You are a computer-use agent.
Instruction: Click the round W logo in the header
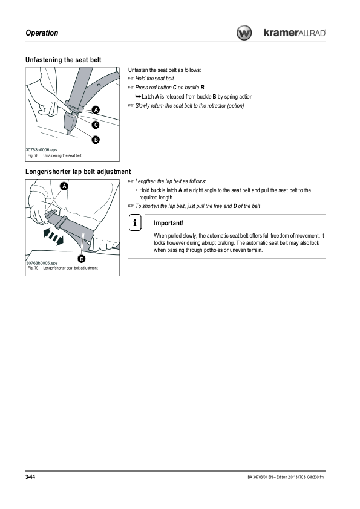tap(244, 33)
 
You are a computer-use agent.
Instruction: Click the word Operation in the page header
tap(42, 33)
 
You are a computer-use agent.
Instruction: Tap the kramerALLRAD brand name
tap(295, 33)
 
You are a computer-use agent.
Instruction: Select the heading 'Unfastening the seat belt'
tap(64, 60)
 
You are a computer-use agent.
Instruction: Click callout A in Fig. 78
tap(96, 110)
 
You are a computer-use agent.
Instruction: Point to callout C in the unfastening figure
tap(96, 125)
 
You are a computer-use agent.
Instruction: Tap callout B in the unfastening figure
tap(96, 140)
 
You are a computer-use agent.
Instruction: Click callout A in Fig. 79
tap(64, 186)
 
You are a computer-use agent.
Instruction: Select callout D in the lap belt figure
tap(82, 259)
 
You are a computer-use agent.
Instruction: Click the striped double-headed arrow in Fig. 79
tap(53, 236)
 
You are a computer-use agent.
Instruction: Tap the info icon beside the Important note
tap(135, 222)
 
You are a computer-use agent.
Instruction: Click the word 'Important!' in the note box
tap(168, 223)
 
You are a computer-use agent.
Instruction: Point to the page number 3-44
tap(30, 476)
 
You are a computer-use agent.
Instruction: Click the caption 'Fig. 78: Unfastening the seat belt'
tap(54, 156)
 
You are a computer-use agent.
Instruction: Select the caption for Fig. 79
tap(63, 268)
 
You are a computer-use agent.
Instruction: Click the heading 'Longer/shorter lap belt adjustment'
tap(78, 172)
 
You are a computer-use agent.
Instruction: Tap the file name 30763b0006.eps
tap(42, 150)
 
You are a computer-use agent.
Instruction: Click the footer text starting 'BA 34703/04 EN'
tap(286, 477)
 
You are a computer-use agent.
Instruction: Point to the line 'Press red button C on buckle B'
tap(169, 88)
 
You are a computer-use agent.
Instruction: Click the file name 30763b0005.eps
tap(42, 263)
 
